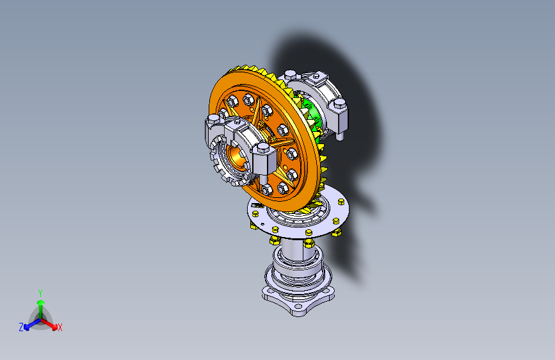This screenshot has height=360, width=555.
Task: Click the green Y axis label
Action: (40, 293)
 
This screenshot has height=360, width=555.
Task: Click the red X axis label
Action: (60, 328)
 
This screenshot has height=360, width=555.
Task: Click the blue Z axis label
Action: (21, 327)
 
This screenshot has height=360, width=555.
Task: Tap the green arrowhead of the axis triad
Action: (41, 302)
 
